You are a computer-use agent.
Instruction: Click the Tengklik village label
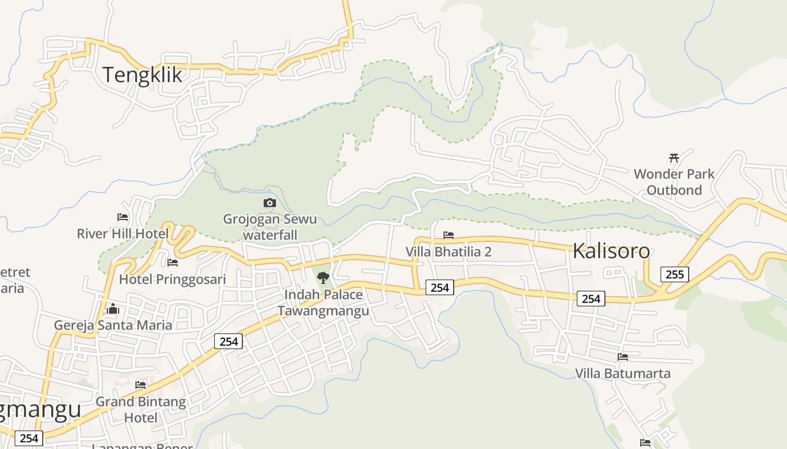pyautogui.click(x=142, y=74)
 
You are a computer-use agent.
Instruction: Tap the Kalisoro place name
pyautogui.click(x=611, y=251)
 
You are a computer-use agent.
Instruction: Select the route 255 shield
pyautogui.click(x=674, y=274)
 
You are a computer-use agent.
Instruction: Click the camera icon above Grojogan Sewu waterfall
pyautogui.click(x=270, y=203)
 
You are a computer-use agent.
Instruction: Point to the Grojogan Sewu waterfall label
pyautogui.click(x=270, y=227)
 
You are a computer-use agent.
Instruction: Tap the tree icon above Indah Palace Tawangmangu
pyautogui.click(x=323, y=277)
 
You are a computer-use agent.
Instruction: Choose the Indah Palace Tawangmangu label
pyautogui.click(x=323, y=303)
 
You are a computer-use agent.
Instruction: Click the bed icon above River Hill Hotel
pyautogui.click(x=123, y=217)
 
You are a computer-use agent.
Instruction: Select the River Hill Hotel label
pyautogui.click(x=123, y=233)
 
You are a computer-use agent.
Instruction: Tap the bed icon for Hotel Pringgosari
pyautogui.click(x=173, y=262)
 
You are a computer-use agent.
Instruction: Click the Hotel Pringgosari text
pyautogui.click(x=173, y=279)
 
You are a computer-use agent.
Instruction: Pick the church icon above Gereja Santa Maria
pyautogui.click(x=113, y=309)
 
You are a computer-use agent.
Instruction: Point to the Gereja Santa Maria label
pyautogui.click(x=113, y=325)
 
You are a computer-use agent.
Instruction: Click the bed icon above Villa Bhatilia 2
pyautogui.click(x=449, y=235)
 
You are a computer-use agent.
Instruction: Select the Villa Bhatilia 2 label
pyautogui.click(x=449, y=251)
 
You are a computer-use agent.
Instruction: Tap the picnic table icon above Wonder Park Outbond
pyautogui.click(x=674, y=158)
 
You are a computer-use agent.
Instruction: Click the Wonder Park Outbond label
pyautogui.click(x=674, y=182)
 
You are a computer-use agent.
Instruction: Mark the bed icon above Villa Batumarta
pyautogui.click(x=623, y=357)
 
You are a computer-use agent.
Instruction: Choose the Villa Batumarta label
pyautogui.click(x=623, y=373)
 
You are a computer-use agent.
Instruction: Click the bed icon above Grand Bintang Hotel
pyautogui.click(x=141, y=385)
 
